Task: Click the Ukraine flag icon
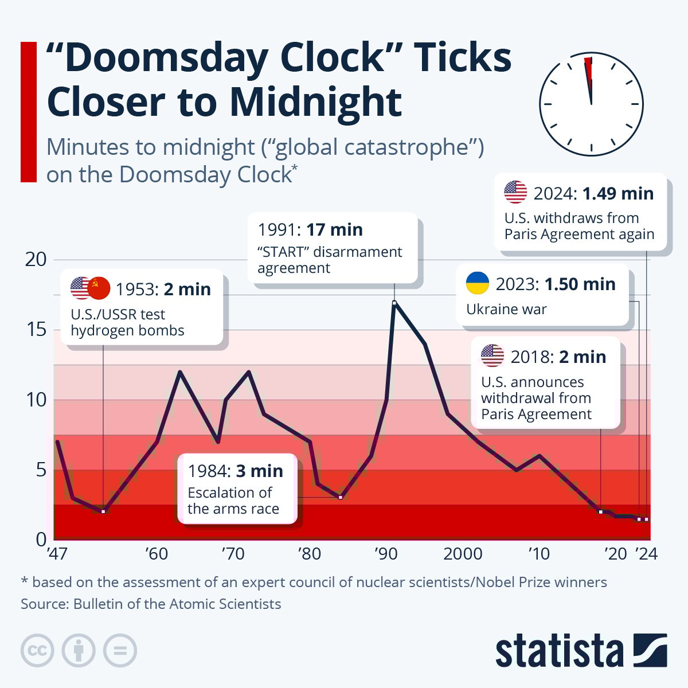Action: tap(477, 284)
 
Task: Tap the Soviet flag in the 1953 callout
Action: tap(99, 288)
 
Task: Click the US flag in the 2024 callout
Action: tap(515, 192)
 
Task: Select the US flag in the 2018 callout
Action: tap(492, 356)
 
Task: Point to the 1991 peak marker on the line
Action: tap(394, 302)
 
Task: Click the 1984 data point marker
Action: tap(340, 497)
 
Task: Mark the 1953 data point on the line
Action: tap(103, 511)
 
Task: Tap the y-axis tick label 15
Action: tap(36, 330)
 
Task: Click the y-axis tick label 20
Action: tap(36, 259)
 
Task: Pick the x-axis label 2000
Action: tap(463, 554)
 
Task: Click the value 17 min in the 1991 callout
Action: tap(334, 229)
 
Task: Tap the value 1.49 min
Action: tap(618, 193)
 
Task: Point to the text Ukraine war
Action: tap(506, 309)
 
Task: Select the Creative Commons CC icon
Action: tap(37, 651)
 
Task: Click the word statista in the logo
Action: tap(559, 651)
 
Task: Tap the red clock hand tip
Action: tap(587, 60)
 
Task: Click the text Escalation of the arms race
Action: tap(233, 501)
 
